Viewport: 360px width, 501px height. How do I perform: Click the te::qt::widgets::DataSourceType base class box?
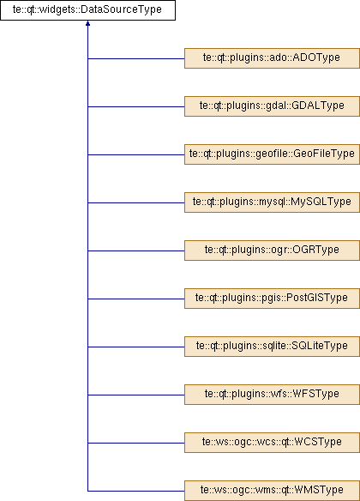tap(87, 10)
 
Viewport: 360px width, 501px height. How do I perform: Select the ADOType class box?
tap(272, 58)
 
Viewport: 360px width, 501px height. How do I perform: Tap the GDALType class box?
tap(272, 106)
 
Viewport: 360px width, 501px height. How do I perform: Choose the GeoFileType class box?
tap(272, 154)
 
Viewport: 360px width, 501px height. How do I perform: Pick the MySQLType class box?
tap(272, 202)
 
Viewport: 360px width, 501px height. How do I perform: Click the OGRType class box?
tap(272, 250)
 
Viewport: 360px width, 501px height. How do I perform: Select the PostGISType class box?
tap(272, 299)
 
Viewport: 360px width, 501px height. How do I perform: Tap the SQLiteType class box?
tap(272, 347)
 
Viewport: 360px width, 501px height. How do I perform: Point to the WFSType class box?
tap(272, 395)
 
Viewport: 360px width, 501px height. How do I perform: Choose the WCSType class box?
tap(272, 443)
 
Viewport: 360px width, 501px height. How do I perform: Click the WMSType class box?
tap(272, 491)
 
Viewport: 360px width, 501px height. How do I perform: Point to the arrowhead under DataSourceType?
tap(87, 23)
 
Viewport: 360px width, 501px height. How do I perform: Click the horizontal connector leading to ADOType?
tap(136, 59)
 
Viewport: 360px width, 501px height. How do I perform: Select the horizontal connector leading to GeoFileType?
tap(136, 155)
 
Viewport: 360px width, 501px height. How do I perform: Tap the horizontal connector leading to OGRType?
tap(136, 250)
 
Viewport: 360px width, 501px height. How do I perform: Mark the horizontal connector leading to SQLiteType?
tap(136, 347)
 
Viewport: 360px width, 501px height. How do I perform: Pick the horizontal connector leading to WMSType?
tap(136, 491)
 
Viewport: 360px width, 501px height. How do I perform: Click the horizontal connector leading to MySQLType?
tap(136, 203)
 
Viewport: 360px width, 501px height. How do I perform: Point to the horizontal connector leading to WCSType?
tap(136, 444)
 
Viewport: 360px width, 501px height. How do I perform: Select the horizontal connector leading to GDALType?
tap(136, 106)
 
